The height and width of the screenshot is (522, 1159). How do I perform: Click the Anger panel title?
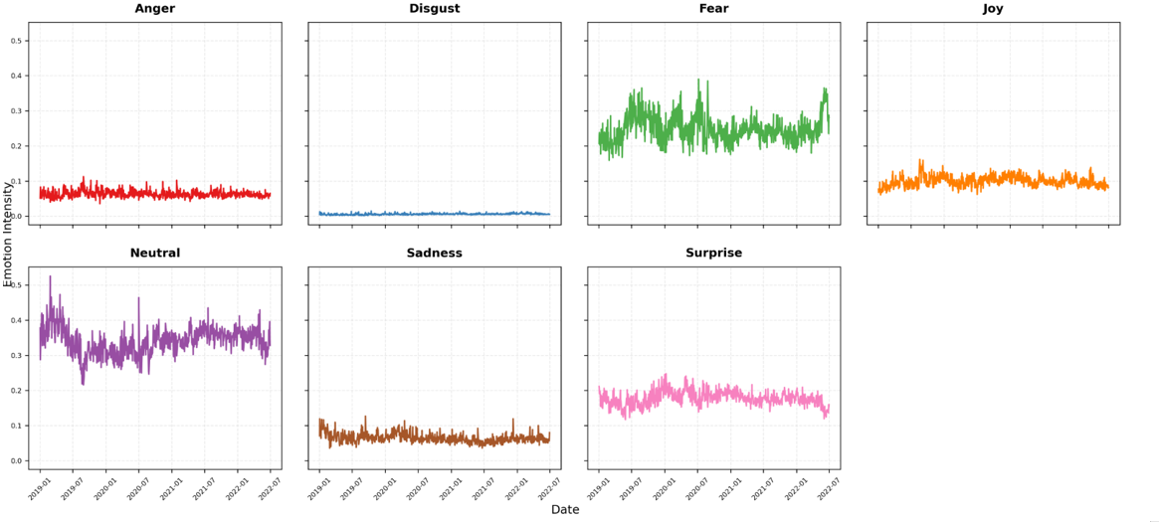154,9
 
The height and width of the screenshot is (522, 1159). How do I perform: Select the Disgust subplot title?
434,9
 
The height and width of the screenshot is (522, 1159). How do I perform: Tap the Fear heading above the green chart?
713,9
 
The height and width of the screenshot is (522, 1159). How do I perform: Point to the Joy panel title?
993,9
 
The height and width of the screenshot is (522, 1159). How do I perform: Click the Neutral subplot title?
154,254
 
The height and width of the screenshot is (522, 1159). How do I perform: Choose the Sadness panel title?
434,254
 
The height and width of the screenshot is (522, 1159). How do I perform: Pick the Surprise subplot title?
713,254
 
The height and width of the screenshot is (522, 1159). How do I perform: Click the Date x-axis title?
565,510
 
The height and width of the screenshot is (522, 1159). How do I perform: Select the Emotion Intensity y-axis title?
8,235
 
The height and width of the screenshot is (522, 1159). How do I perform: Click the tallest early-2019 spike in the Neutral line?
50,276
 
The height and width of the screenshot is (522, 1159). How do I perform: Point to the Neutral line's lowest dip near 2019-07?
83,384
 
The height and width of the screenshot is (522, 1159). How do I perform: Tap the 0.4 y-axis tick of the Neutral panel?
16,320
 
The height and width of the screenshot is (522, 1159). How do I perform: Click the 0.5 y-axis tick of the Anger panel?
16,41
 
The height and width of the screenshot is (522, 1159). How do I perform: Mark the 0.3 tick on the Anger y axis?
16,111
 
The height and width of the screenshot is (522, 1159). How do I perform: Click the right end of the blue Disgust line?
549,214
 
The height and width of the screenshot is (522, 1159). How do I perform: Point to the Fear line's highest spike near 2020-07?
698,80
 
